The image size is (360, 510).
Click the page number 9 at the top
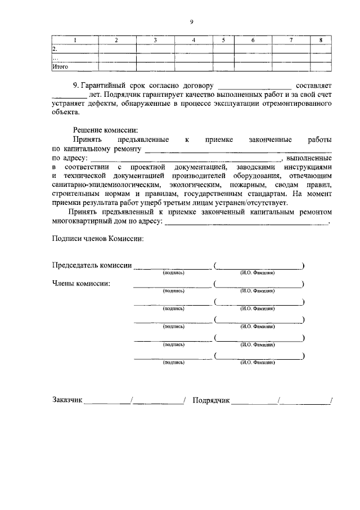(x=191, y=22)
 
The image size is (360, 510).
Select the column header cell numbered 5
(x=223, y=40)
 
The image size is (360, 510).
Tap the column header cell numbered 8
(x=321, y=40)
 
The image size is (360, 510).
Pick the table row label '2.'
(x=55, y=49)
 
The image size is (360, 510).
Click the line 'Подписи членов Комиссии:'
(x=97, y=238)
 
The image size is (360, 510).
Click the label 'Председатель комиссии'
(x=92, y=265)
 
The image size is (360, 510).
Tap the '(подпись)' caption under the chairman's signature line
(x=173, y=273)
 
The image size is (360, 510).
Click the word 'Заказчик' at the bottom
(x=67, y=400)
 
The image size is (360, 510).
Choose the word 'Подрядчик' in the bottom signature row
(x=211, y=400)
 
